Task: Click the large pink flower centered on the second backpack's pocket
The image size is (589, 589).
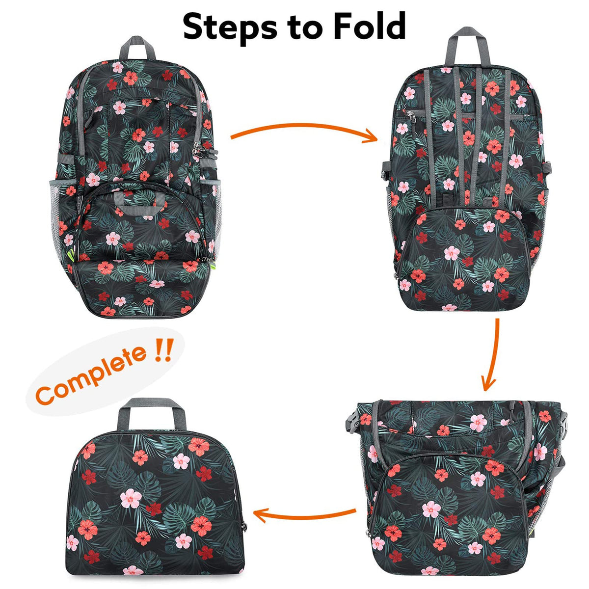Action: (x=452, y=253)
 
